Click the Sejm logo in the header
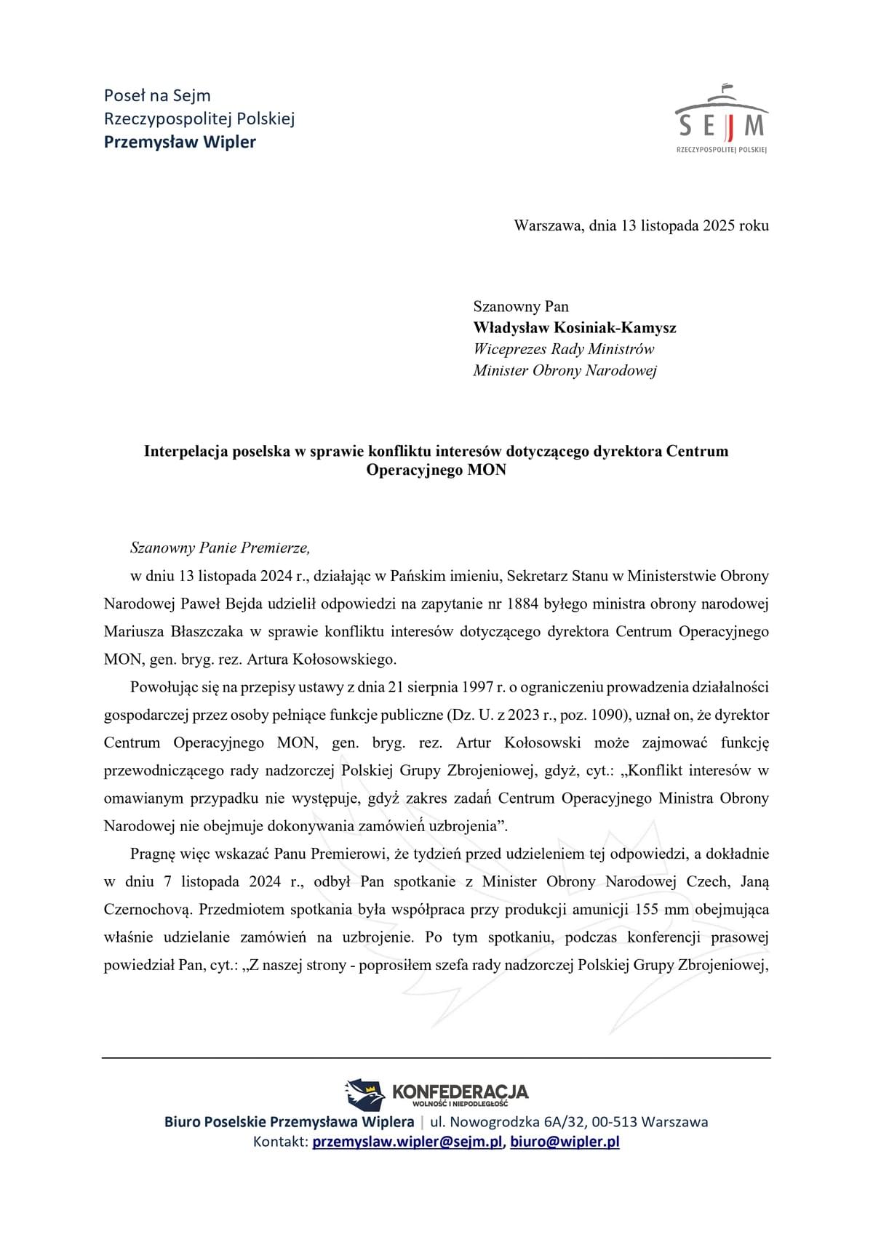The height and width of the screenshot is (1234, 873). [721, 119]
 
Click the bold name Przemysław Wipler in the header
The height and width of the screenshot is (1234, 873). [180, 142]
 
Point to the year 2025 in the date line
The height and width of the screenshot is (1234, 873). [719, 225]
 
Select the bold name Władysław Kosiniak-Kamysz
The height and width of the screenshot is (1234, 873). [574, 328]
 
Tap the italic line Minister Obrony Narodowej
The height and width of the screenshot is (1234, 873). [565, 371]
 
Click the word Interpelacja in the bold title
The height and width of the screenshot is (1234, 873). [186, 451]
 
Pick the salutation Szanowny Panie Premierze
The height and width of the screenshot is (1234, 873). [220, 548]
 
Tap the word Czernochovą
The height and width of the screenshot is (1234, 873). [148, 910]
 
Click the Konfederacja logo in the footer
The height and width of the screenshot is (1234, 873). [436, 1094]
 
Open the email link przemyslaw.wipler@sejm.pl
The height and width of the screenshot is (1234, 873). [407, 1142]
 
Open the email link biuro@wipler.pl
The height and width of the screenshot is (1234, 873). [565, 1142]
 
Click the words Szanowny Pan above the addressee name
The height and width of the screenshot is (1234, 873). [521, 306]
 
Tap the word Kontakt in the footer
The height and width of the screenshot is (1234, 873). [279, 1142]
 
